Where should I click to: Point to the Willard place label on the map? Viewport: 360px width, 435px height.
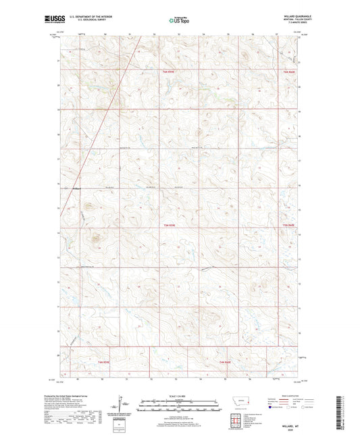(x=76, y=188)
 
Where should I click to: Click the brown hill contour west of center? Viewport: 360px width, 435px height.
(x=94, y=236)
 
